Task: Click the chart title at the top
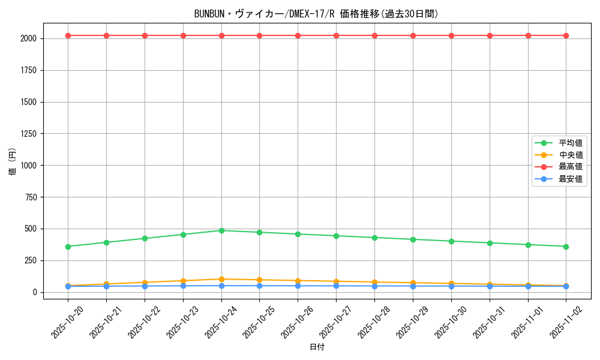[x=317, y=14]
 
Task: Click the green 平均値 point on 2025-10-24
[x=221, y=230]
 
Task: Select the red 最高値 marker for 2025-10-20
[x=68, y=35]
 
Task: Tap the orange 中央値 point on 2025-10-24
[x=221, y=279]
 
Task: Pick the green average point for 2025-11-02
[x=566, y=247]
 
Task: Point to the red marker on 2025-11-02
[x=566, y=35]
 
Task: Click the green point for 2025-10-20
[x=68, y=247]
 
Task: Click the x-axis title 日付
[x=317, y=347]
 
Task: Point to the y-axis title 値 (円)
[x=12, y=161]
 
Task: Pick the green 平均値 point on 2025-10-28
[x=374, y=238]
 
